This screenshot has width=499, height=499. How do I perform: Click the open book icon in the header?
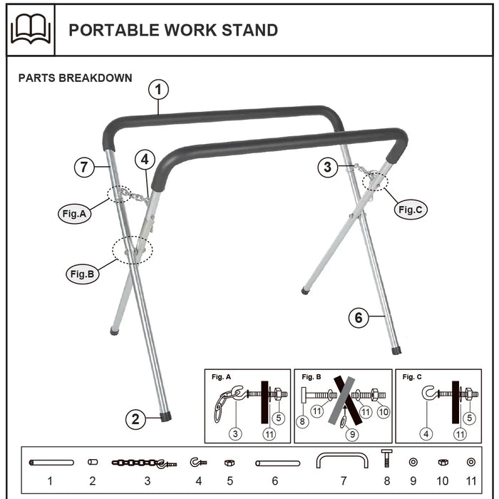click(x=31, y=30)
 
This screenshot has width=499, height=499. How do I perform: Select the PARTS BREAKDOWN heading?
click(x=75, y=78)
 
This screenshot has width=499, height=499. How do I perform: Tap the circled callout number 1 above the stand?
click(x=158, y=91)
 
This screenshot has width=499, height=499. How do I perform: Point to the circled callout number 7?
click(x=84, y=168)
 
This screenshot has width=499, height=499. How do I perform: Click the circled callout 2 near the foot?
click(x=136, y=419)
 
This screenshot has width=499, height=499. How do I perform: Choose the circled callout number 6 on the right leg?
click(x=359, y=318)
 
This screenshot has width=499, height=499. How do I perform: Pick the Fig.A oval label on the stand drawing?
click(x=75, y=213)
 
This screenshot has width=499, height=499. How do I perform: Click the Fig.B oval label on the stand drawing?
click(x=83, y=273)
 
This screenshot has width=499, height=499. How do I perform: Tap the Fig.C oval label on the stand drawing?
click(x=411, y=210)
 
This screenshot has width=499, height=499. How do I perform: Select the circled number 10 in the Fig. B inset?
click(x=384, y=412)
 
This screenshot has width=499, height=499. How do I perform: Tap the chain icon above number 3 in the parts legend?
click(x=143, y=463)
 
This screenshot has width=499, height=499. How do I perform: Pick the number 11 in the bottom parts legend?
click(x=470, y=481)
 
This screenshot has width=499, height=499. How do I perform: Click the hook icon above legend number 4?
click(x=197, y=463)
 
